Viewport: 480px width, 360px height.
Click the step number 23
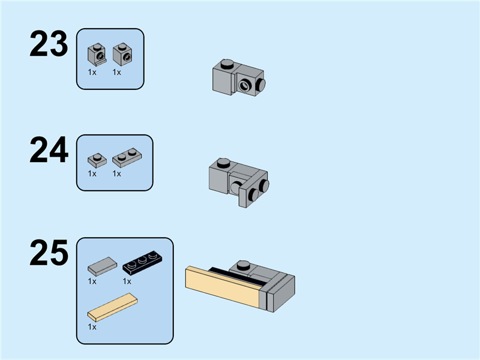pos(49,43)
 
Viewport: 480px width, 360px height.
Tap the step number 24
pos(49,149)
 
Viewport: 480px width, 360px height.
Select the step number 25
pos(49,253)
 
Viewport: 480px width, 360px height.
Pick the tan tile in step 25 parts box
pos(112,307)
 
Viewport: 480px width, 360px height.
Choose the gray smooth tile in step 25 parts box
pos(102,266)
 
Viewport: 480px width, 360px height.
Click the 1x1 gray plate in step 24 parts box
pos(97,160)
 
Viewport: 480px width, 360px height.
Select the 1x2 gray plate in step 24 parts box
pos(127,157)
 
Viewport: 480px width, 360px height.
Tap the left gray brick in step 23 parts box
pos(97,54)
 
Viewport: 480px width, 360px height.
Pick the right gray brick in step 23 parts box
pos(122,54)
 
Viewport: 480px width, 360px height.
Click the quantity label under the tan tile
pos(92,327)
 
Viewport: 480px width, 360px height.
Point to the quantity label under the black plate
pos(127,281)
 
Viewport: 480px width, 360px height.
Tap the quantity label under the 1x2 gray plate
pos(116,173)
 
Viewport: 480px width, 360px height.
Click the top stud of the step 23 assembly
pos(227,64)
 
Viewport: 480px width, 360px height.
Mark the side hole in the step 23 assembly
pos(244,86)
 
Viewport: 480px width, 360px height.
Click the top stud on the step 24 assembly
pos(223,163)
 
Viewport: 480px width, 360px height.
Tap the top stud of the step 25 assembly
pos(244,265)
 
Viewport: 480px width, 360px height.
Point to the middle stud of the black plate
pos(142,260)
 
